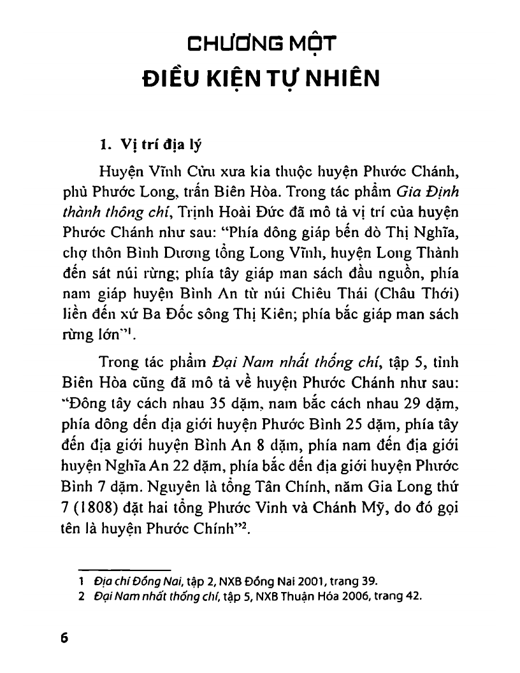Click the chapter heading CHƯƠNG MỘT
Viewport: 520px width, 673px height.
click(x=260, y=46)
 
